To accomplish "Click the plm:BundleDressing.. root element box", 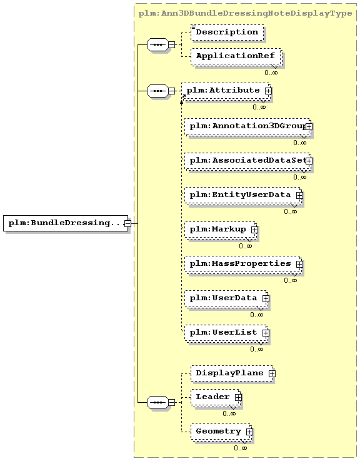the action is coord(66,223).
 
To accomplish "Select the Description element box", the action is coord(227,33).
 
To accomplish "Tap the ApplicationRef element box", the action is coord(236,56).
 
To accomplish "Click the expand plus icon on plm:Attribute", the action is coord(268,91).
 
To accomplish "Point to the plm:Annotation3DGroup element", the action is coord(247,126).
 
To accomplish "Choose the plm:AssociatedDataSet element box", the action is coord(247,161).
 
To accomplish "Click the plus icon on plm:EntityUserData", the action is coord(299,195).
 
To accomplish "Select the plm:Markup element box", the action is coord(221,230).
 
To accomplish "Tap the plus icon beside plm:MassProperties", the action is coord(299,264).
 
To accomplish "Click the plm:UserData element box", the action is coord(226,298).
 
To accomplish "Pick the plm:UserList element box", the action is coord(226,333).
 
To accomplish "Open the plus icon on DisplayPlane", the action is coord(272,373).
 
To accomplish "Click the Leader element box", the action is coord(216,397).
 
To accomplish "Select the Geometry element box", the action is coord(221,432).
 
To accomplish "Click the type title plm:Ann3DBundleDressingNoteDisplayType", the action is coord(245,14).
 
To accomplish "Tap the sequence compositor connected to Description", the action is coord(157,44).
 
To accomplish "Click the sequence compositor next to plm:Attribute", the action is coord(157,91).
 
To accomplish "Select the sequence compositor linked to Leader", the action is coord(157,402).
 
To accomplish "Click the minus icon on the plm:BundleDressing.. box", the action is coord(127,223).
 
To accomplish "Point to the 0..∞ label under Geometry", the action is coord(241,448).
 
